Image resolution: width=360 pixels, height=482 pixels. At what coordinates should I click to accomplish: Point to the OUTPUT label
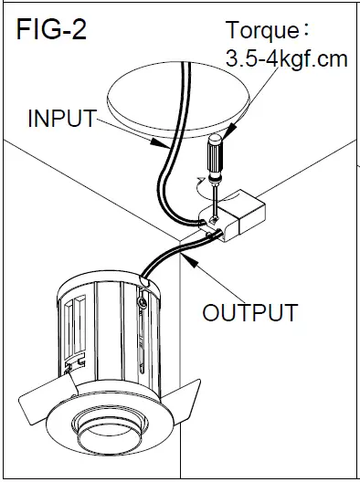(x=249, y=312)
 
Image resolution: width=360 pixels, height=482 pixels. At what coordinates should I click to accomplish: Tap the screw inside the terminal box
(x=212, y=220)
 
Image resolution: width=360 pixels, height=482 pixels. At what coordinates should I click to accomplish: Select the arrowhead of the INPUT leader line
(x=163, y=145)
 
